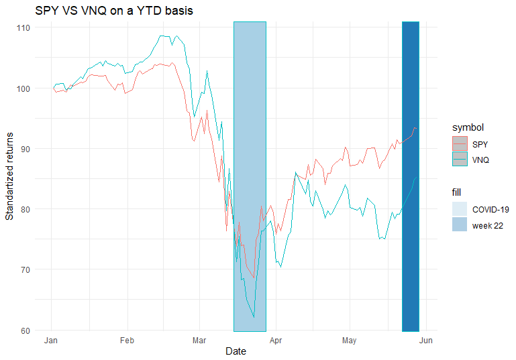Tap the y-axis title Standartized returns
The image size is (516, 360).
point(9,176)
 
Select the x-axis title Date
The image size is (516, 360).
point(235,351)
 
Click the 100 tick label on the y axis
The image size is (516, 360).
point(23,88)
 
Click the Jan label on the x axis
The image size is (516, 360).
point(52,340)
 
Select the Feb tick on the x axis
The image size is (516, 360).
point(127,340)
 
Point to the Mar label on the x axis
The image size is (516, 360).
point(199,340)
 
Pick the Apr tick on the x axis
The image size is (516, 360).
point(276,340)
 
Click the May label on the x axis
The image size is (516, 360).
point(350,340)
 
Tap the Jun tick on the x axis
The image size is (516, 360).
point(425,340)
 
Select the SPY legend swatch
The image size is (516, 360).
point(460,143)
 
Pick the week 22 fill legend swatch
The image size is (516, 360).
point(460,225)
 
